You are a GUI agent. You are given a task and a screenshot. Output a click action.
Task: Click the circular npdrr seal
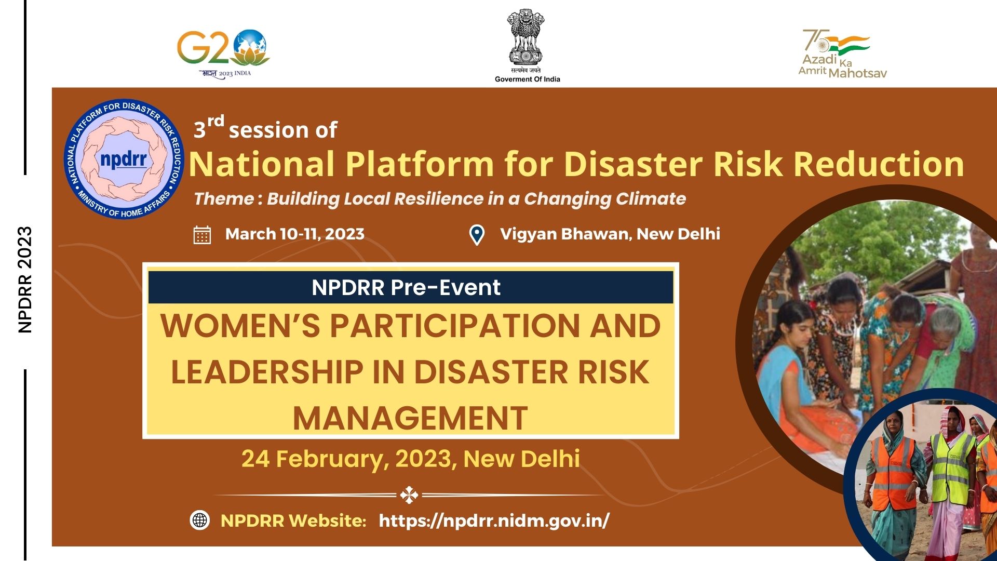click(x=124, y=159)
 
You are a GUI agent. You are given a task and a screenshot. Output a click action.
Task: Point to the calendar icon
click(x=202, y=235)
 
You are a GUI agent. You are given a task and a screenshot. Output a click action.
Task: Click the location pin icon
click(x=477, y=235)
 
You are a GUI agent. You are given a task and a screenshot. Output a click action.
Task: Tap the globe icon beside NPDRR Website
click(x=200, y=520)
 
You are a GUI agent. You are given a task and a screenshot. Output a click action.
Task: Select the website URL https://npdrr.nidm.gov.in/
click(x=494, y=520)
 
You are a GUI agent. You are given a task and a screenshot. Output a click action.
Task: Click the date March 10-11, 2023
click(x=294, y=234)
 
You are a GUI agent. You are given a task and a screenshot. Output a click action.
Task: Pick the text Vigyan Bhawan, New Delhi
click(x=610, y=234)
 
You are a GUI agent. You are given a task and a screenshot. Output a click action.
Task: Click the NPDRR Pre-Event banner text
click(x=406, y=287)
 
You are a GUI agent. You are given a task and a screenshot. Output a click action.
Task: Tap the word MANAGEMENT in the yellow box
click(x=410, y=418)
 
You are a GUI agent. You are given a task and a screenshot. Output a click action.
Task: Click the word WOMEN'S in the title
click(x=240, y=326)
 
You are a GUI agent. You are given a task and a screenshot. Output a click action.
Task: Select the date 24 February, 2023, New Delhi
click(x=410, y=459)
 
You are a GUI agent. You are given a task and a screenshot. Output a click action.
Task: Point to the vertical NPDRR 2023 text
click(x=25, y=279)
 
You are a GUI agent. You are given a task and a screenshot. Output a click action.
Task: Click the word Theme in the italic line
click(x=224, y=199)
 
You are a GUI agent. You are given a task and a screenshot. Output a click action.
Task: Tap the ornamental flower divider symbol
click(x=409, y=495)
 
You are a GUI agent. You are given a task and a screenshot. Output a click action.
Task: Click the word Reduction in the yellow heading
click(x=879, y=164)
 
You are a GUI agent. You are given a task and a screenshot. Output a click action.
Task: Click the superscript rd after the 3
click(x=215, y=122)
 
